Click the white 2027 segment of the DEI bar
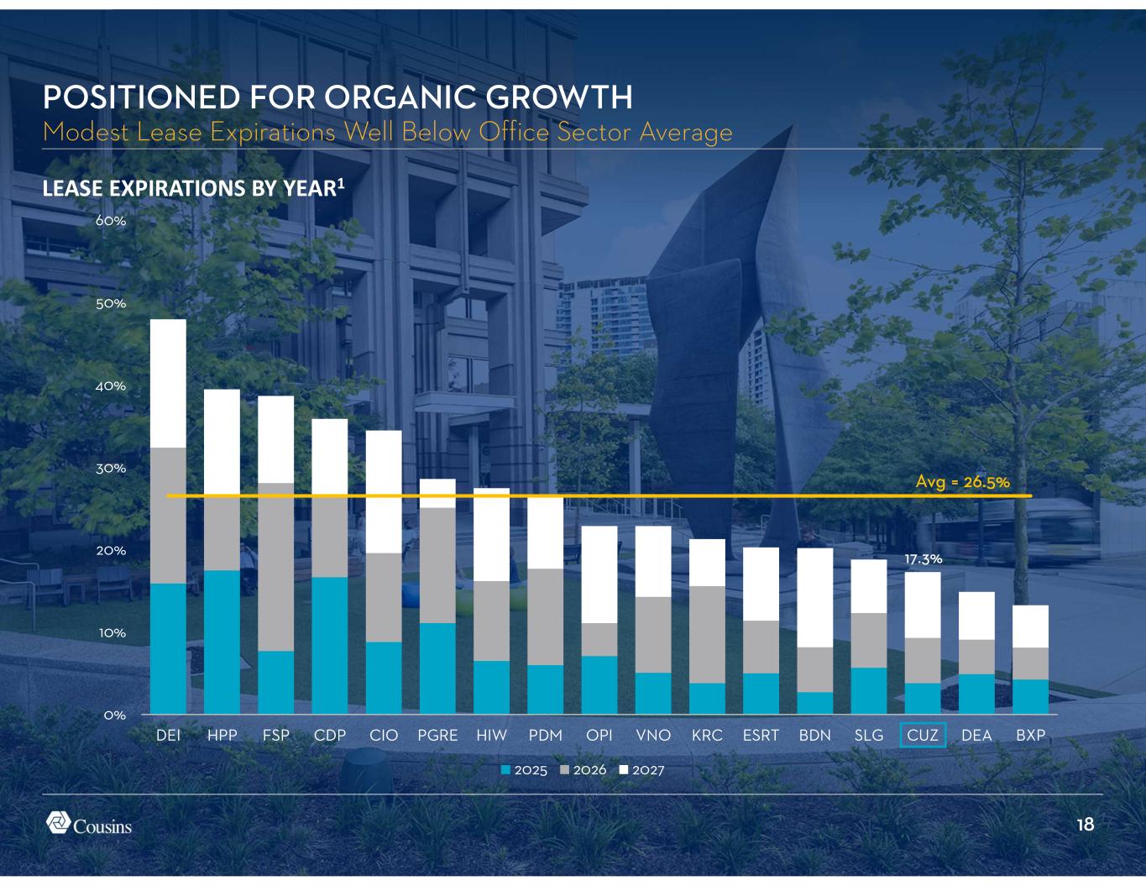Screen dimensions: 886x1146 click(x=168, y=383)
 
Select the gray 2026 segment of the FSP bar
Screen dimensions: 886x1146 click(x=276, y=567)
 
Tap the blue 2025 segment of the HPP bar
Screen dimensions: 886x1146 click(x=222, y=642)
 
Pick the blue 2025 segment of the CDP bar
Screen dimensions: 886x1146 click(x=330, y=645)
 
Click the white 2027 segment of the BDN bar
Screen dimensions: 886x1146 click(x=814, y=597)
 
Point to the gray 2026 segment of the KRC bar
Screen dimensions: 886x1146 click(x=707, y=634)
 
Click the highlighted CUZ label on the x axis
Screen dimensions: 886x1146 click(x=923, y=735)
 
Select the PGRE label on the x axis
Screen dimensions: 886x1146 click(x=437, y=735)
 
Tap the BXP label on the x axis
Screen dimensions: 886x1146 click(x=1030, y=735)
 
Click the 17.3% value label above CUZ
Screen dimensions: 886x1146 click(x=923, y=558)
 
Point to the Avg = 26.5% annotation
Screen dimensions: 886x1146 click(x=961, y=482)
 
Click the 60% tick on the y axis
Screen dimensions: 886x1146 click(x=111, y=222)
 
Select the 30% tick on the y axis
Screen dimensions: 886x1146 click(x=111, y=469)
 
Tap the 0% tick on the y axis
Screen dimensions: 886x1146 click(x=115, y=716)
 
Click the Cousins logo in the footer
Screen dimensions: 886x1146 click(x=89, y=824)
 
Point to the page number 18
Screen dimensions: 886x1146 click(x=1086, y=825)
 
